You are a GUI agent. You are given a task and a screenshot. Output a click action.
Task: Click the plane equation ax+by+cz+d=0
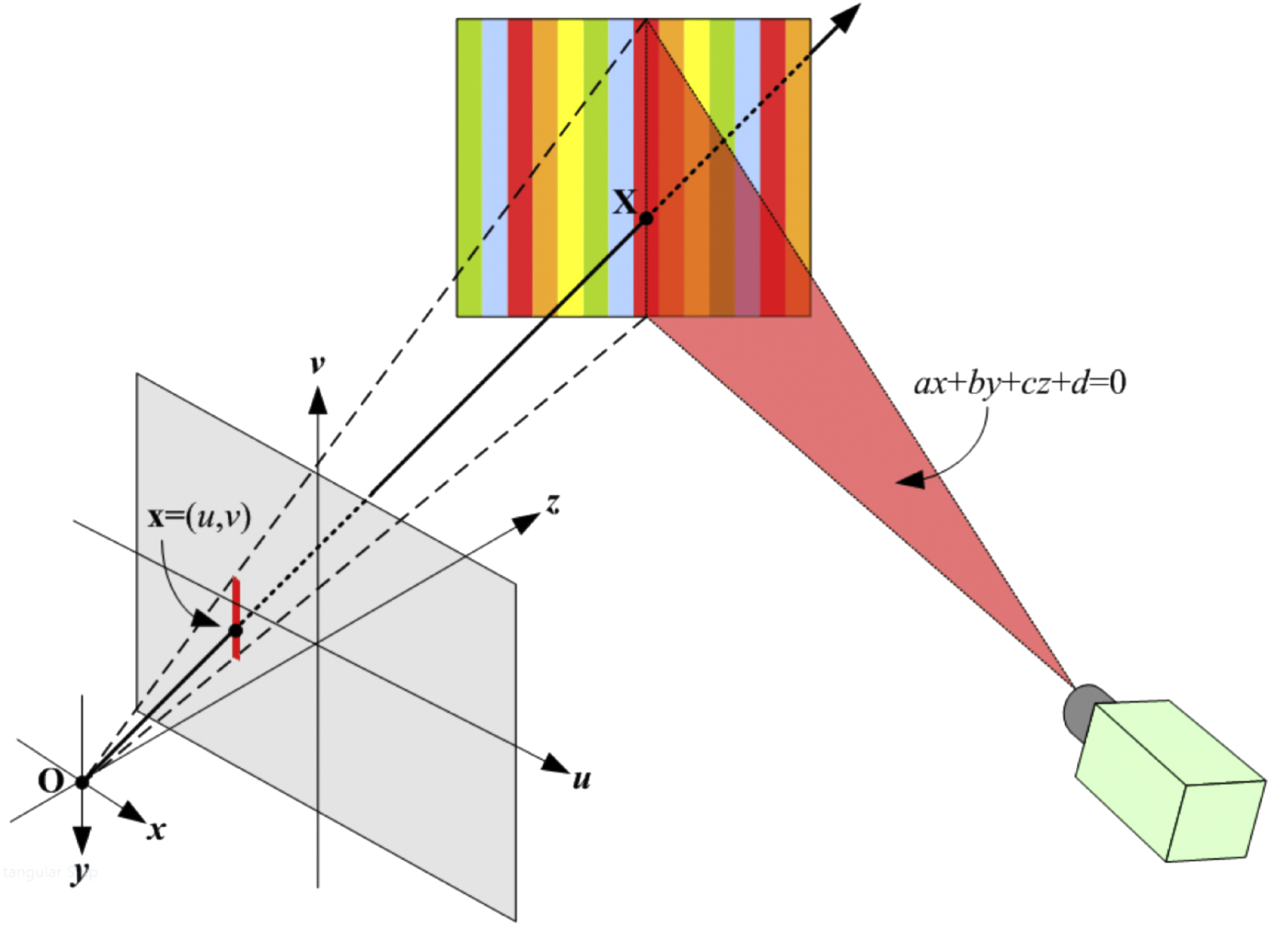(1020, 383)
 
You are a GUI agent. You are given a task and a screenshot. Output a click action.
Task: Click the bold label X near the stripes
(625, 202)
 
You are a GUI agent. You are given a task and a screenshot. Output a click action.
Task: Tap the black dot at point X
(646, 219)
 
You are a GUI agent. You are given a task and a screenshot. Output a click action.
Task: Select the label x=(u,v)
(199, 517)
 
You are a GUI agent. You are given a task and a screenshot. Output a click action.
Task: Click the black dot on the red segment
(236, 631)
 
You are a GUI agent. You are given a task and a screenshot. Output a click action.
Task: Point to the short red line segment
(236, 598)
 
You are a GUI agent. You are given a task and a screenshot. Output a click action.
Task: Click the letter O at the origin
(50, 781)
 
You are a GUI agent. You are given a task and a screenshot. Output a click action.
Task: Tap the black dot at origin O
(82, 782)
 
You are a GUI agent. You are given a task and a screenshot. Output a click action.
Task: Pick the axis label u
(582, 779)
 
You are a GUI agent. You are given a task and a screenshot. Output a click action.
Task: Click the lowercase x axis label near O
(156, 830)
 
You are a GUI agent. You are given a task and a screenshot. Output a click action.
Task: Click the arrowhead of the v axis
(317, 399)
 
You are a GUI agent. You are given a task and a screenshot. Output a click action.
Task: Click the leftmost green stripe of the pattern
(470, 168)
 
